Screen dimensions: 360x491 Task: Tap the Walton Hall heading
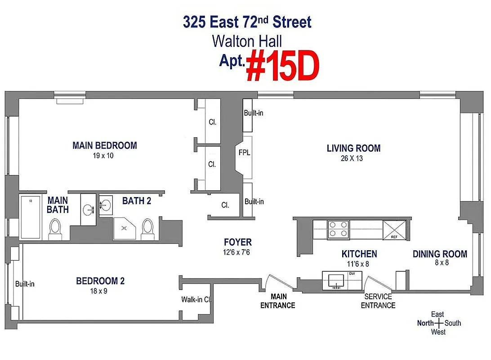pyautogui.click(x=247, y=41)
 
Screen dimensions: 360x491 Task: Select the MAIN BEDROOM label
pyautogui.click(x=104, y=145)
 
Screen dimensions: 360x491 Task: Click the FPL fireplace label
pyautogui.click(x=244, y=153)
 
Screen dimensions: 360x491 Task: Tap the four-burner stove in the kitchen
pyautogui.click(x=339, y=229)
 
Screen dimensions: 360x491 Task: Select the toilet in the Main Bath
pyautogui.click(x=55, y=228)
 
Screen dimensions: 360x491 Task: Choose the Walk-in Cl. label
pyautogui.click(x=196, y=299)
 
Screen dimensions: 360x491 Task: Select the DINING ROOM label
pyautogui.click(x=440, y=254)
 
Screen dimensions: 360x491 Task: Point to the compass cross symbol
pyautogui.click(x=437, y=323)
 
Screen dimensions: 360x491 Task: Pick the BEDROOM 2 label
pyautogui.click(x=100, y=281)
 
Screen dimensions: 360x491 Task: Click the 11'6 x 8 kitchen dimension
pyautogui.click(x=355, y=264)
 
